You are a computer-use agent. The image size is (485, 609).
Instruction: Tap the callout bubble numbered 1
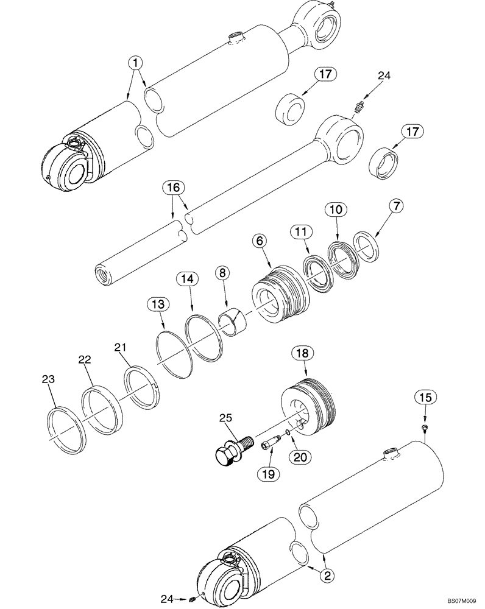coord(135,62)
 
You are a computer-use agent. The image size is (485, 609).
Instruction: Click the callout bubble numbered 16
coord(172,188)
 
